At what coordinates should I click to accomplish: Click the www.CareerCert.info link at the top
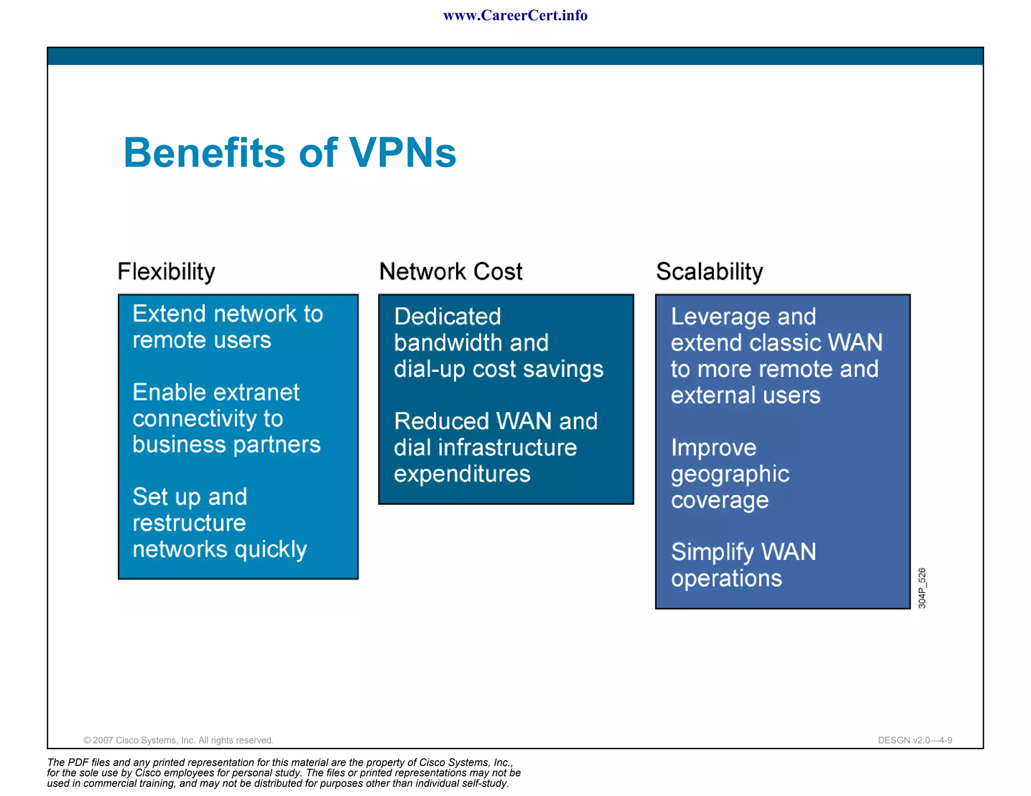pyautogui.click(x=515, y=16)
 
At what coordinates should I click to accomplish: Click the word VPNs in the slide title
pyautogui.click(x=403, y=152)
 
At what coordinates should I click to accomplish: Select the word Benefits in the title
pyautogui.click(x=204, y=152)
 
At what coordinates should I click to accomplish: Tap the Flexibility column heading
pyautogui.click(x=166, y=272)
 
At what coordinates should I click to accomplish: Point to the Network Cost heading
pyautogui.click(x=451, y=272)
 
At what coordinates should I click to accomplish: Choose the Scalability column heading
pyautogui.click(x=709, y=272)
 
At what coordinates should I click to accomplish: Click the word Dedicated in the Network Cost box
pyautogui.click(x=448, y=317)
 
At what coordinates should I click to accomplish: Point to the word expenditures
pyautogui.click(x=462, y=474)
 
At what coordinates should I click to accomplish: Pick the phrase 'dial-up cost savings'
pyautogui.click(x=498, y=369)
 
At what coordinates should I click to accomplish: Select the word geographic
pyautogui.click(x=730, y=474)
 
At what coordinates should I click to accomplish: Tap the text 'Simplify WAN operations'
pyautogui.click(x=743, y=565)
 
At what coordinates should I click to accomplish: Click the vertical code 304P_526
pyautogui.click(x=922, y=588)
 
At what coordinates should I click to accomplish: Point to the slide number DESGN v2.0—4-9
pyautogui.click(x=915, y=740)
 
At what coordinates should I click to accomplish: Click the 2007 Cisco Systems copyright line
pyautogui.click(x=178, y=740)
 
